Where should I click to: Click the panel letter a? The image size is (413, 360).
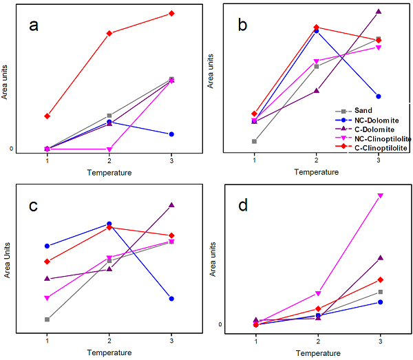click(34, 27)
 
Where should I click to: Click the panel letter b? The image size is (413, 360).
click(242, 25)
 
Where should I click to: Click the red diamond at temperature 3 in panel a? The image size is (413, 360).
click(171, 14)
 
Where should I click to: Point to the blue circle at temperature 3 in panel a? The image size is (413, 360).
click(171, 134)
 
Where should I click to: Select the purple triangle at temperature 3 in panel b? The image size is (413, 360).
click(379, 12)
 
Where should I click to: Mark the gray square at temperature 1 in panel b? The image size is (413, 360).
click(254, 141)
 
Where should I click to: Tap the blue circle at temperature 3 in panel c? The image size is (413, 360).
click(171, 299)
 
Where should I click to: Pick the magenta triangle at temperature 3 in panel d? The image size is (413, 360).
click(380, 195)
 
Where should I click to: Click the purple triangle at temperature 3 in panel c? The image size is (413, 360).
click(171, 205)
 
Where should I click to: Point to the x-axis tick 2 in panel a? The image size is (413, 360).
click(109, 161)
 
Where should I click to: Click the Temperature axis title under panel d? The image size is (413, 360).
click(318, 353)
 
